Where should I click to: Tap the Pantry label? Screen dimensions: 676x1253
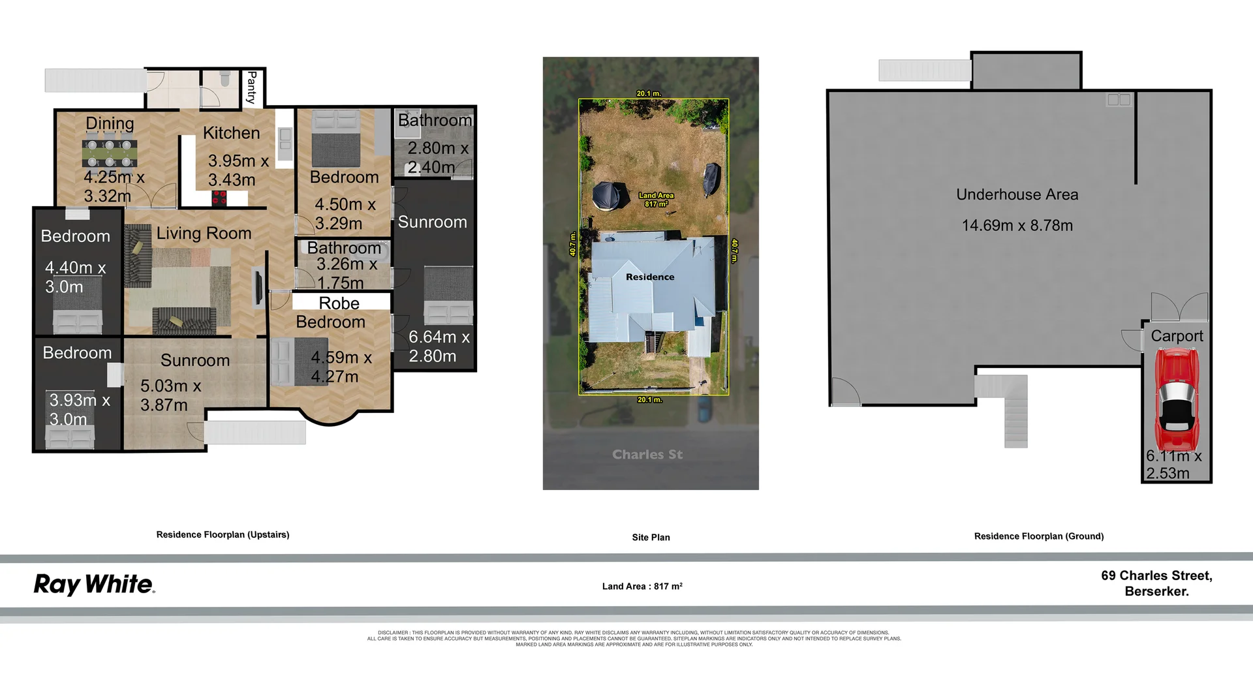pos(251,87)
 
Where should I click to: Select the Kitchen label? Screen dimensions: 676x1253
pos(231,133)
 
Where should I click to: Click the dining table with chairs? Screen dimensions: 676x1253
pos(110,153)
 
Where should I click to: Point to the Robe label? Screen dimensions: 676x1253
pos(339,303)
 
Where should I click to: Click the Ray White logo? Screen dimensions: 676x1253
pos(94,584)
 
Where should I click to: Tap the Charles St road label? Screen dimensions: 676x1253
pos(647,454)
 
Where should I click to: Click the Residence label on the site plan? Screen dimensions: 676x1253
pos(650,277)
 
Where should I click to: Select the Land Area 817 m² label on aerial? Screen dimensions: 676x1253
pos(656,200)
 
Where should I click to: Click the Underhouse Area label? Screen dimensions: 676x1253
pos(1017,194)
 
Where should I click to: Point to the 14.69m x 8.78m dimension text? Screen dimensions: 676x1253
pos(1017,226)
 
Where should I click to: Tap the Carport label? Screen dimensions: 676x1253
pos(1177,336)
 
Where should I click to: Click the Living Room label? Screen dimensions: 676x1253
pos(204,233)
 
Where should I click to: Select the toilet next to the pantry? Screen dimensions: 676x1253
pos(225,80)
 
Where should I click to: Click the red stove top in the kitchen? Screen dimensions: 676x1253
pos(219,197)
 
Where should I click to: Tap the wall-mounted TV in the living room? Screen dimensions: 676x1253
pos(258,287)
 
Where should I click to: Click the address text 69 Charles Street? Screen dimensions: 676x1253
pos(1156,576)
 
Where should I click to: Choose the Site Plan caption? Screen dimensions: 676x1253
pos(651,537)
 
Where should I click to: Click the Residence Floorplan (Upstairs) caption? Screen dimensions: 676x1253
pos(223,534)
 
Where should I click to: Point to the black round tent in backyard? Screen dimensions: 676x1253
pos(607,195)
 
